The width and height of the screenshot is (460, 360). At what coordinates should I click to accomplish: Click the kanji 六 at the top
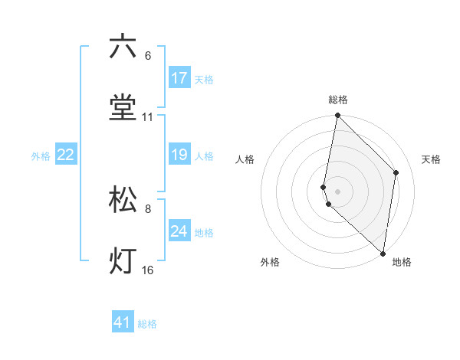tap(123, 47)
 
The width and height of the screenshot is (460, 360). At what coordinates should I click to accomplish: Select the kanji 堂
tap(123, 108)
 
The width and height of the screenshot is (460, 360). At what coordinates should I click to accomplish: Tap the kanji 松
tap(123, 200)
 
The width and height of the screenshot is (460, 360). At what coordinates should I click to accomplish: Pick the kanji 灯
tap(123, 261)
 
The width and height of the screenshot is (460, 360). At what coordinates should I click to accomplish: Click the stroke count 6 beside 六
tap(147, 56)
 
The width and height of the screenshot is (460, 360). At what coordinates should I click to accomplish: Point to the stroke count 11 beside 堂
tap(147, 117)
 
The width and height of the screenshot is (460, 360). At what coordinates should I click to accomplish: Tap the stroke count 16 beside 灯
tap(147, 270)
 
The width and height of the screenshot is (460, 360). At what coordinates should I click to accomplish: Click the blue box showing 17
tap(179, 78)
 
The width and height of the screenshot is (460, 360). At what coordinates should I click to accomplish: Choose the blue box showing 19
tap(179, 155)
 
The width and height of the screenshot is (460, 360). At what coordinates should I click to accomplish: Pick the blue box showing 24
tap(179, 231)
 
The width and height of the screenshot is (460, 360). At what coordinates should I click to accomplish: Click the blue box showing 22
tap(66, 155)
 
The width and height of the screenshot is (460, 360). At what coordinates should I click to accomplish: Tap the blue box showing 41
tap(123, 323)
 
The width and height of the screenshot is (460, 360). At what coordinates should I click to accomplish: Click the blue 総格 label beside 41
tap(147, 324)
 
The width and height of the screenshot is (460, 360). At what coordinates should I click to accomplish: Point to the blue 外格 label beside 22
tap(41, 156)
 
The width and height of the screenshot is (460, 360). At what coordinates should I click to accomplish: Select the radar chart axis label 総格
tap(337, 100)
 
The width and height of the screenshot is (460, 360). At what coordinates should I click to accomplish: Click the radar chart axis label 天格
tap(431, 159)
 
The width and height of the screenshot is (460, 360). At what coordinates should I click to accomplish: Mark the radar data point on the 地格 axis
tap(383, 254)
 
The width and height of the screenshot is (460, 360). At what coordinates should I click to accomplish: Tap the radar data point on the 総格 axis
tap(337, 116)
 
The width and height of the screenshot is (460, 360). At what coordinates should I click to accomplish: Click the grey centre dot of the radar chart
tap(337, 191)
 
